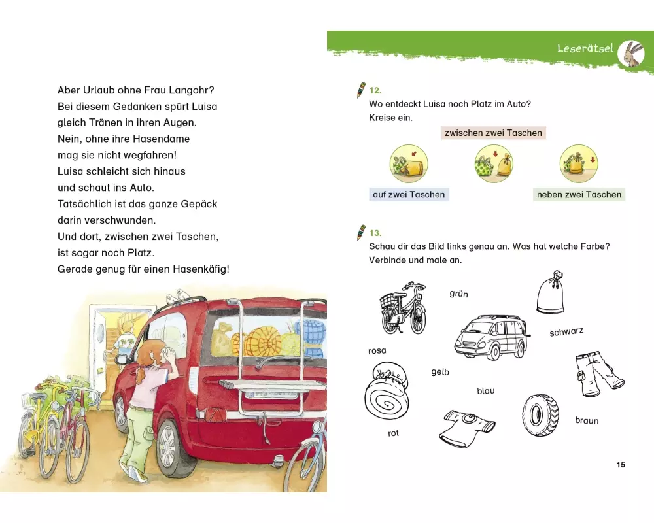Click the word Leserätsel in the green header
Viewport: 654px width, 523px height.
pos(585,48)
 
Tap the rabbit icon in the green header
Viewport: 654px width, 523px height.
pos(631,54)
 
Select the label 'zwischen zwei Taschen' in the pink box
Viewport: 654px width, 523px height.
pos(493,133)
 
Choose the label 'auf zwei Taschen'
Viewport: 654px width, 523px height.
pos(409,194)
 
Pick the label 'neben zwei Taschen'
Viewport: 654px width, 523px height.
pos(579,194)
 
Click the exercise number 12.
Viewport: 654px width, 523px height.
pos(375,90)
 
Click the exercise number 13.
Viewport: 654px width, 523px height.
pos(375,233)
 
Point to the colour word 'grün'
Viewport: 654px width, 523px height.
pos(459,294)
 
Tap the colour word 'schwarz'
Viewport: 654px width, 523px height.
pos(566,332)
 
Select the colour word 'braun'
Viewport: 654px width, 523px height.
pos(587,420)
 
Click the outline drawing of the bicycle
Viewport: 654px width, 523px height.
pos(403,307)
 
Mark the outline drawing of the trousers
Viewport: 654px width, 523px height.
pos(598,374)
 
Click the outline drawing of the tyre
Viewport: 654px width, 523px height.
pos(540,415)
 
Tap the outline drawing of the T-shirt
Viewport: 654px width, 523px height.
pos(467,428)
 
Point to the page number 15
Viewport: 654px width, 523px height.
pos(621,465)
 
